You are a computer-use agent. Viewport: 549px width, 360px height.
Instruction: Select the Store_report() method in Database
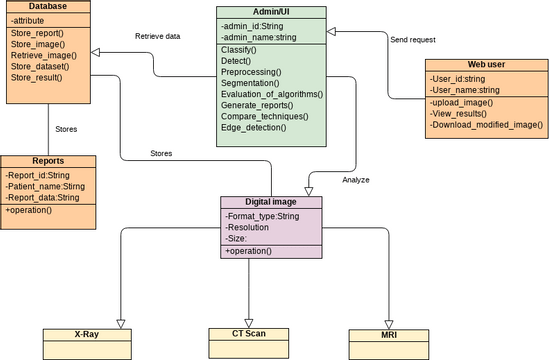38,32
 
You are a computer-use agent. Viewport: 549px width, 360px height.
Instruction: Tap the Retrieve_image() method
45,56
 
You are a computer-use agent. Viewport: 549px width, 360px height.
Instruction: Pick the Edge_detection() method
254,127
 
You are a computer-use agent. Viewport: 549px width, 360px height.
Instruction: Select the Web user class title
486,66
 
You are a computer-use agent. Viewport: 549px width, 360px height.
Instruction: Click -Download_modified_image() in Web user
486,125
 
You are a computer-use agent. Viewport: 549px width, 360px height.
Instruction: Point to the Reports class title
48,161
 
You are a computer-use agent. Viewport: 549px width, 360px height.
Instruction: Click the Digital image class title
271,202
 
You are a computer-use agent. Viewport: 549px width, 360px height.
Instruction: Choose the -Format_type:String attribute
263,216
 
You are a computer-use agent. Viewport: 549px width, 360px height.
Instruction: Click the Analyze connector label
356,180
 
